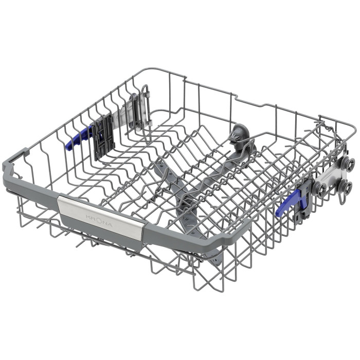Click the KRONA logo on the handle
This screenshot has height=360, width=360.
coord(99,221)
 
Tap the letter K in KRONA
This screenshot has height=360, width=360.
coord(88,217)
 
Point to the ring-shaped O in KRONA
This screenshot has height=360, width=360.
coord(99,221)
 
